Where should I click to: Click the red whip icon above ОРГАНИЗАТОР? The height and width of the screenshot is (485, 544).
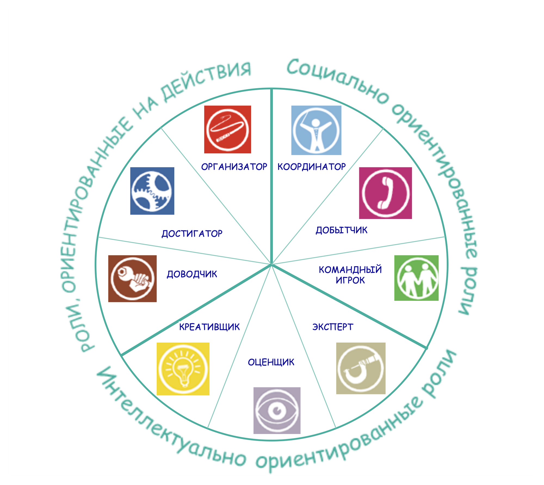[x=228, y=129]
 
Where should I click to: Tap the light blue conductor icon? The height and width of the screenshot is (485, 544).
[x=316, y=130]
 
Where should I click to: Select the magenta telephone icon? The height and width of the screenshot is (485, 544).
[x=385, y=193]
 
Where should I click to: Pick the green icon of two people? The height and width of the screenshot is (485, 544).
[x=416, y=278]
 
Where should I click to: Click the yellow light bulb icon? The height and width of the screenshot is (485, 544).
[x=183, y=369]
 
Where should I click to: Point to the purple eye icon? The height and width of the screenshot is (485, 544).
[x=277, y=410]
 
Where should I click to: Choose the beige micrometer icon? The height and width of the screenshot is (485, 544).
[x=361, y=368]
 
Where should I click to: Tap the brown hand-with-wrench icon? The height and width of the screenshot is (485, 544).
[x=132, y=279]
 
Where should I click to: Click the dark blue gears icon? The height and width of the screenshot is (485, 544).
[x=152, y=191]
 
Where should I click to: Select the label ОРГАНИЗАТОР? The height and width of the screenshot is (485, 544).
[x=234, y=167]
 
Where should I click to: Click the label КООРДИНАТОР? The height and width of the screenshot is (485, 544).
[x=311, y=167]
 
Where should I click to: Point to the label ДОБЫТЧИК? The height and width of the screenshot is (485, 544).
[x=341, y=230]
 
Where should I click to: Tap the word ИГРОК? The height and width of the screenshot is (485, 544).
[x=350, y=280]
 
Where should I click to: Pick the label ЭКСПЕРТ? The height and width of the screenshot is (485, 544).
[x=333, y=327]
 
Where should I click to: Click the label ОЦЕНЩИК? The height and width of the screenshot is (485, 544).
[x=271, y=362]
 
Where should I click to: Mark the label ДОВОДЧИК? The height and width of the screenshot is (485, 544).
[x=192, y=274]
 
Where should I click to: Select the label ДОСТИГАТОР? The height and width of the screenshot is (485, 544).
[x=192, y=234]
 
